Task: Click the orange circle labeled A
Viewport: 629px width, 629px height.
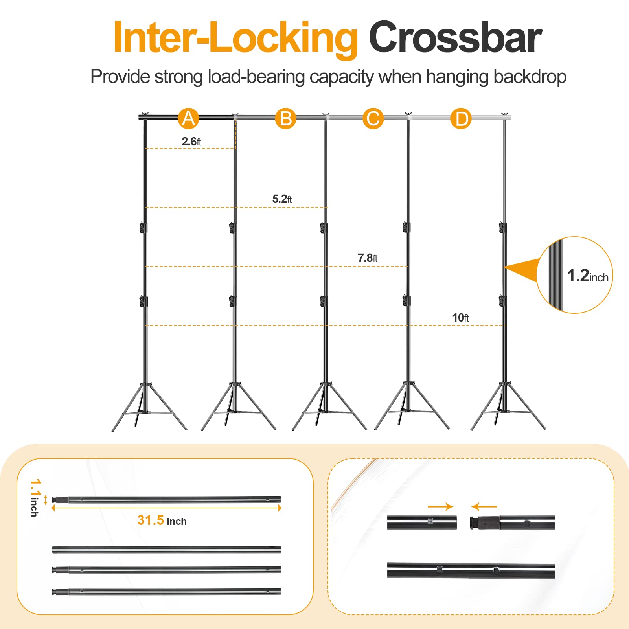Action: pyautogui.click(x=188, y=118)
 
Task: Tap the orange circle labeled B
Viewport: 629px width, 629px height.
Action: pyautogui.click(x=285, y=118)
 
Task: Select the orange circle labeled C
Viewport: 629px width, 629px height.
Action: pyautogui.click(x=373, y=118)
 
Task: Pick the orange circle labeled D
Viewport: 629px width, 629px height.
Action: pyautogui.click(x=461, y=118)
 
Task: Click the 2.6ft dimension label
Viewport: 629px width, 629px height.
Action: pyautogui.click(x=191, y=142)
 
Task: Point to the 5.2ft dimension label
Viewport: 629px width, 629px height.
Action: pyautogui.click(x=282, y=199)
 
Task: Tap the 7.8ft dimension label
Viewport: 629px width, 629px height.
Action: pyautogui.click(x=367, y=258)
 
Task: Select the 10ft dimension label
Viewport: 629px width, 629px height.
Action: pyautogui.click(x=460, y=318)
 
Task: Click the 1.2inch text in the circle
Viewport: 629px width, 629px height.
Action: pyautogui.click(x=587, y=276)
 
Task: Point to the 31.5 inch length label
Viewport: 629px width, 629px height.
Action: pyautogui.click(x=162, y=520)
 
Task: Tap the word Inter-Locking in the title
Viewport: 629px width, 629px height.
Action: pyautogui.click(x=235, y=39)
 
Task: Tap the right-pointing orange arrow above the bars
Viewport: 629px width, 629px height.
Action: pyautogui.click(x=440, y=506)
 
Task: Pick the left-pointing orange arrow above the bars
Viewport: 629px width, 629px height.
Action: pyautogui.click(x=484, y=506)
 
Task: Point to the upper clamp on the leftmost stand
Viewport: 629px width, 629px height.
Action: pyautogui.click(x=143, y=228)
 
